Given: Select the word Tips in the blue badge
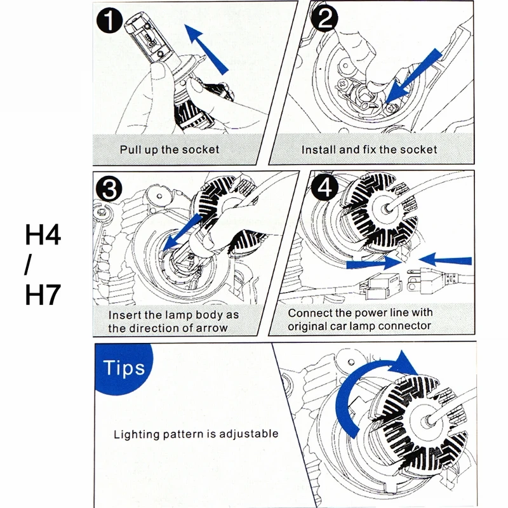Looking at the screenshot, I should pos(124,369).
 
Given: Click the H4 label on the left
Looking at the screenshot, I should pos(43,235).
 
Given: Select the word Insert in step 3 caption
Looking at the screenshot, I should pos(124,315).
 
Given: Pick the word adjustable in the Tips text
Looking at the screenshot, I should pos(248,434).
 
